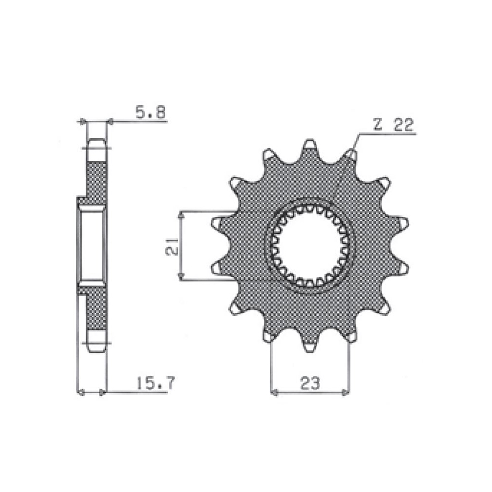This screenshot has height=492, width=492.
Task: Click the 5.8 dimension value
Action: coord(150,112)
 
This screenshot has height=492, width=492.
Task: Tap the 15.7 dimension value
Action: coord(155,383)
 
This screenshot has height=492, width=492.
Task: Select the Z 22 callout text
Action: coord(394,125)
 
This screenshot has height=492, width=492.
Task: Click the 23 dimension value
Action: coord(310,383)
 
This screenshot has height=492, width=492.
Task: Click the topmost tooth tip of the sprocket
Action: coord(310,141)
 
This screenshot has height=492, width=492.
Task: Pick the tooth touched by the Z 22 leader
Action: coord(351,154)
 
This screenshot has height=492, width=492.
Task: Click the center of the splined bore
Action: coord(310,246)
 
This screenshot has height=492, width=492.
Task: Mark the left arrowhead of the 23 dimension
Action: coord(274,392)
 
